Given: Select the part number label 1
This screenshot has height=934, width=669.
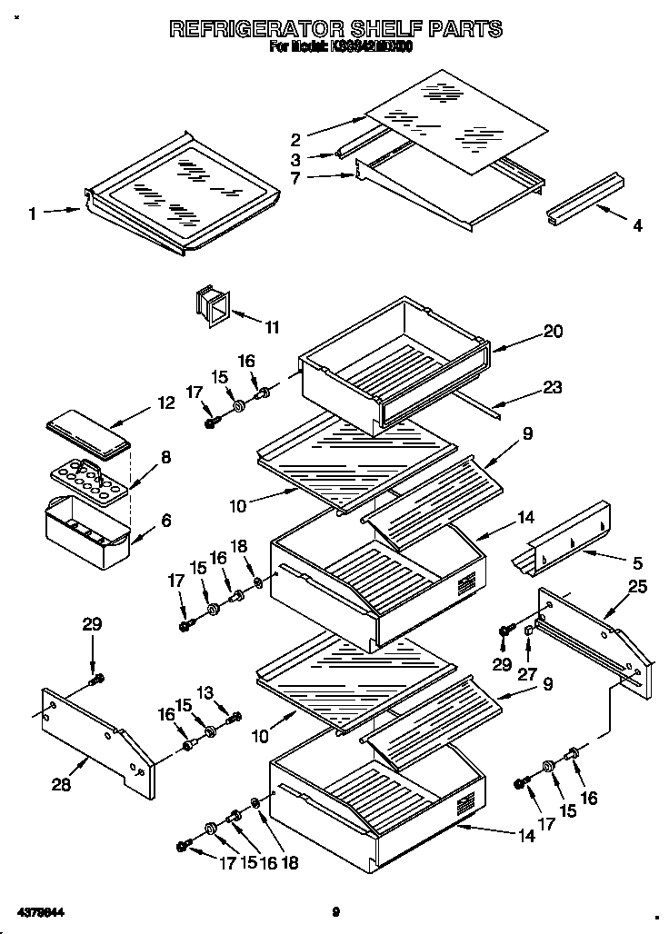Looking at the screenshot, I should [x=33, y=214].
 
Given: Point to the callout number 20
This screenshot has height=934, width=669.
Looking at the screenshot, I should [x=553, y=333].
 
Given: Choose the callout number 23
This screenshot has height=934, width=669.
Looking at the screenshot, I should [x=552, y=388].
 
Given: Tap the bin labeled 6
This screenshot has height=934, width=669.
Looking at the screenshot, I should [x=87, y=534].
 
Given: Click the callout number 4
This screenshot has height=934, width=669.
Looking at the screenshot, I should [x=637, y=226].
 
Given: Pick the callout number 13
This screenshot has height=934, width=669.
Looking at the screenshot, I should [x=205, y=693].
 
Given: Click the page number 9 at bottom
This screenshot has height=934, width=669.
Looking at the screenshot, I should [x=335, y=912].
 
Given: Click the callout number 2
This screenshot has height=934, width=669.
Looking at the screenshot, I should [x=295, y=140].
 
